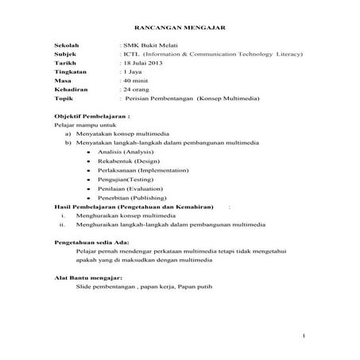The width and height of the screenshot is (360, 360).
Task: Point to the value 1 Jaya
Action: [128, 80]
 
